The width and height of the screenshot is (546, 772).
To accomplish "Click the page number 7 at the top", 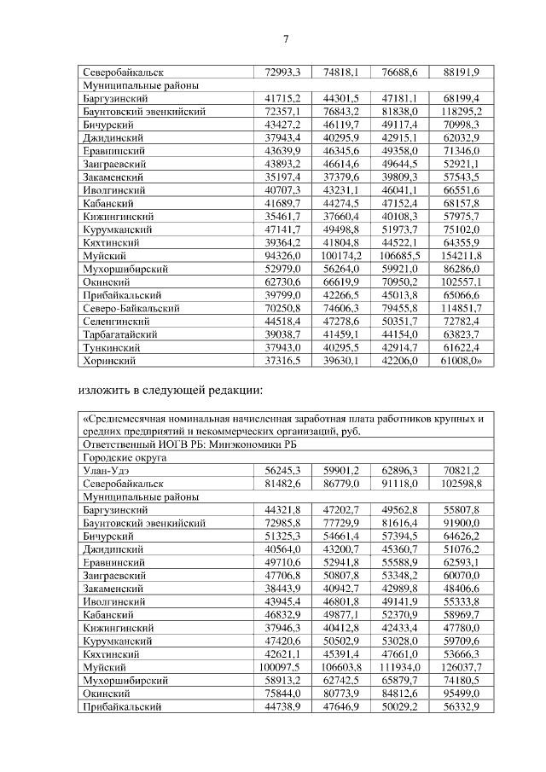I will [x=286, y=38].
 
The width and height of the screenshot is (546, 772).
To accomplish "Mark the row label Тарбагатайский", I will [x=119, y=335].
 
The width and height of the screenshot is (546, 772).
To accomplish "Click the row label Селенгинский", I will [x=115, y=322].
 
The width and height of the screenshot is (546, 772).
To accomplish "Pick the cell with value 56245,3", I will [x=283, y=470].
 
